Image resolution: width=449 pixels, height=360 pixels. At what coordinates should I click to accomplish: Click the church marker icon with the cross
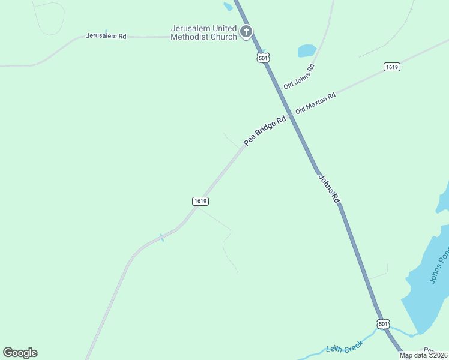(246, 31)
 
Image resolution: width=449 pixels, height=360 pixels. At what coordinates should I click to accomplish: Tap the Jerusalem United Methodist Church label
(203, 32)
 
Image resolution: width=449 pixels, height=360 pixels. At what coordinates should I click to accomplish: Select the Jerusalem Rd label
(106, 36)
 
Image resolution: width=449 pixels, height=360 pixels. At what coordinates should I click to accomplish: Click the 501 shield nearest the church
(262, 58)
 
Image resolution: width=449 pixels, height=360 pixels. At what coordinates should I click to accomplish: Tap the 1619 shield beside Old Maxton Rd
(392, 67)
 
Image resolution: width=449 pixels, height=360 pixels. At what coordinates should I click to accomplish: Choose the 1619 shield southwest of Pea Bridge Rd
(200, 201)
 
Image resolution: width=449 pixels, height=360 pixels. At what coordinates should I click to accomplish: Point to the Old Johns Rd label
(299, 76)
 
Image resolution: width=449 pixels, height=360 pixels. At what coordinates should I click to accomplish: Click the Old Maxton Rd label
(315, 103)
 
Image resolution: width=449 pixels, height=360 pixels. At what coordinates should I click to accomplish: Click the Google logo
(20, 353)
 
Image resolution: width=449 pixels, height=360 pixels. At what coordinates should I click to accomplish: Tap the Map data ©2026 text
(424, 355)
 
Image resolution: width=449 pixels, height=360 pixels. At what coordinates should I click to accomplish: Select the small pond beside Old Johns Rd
(307, 50)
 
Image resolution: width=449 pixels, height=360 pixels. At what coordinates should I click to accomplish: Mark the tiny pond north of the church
(228, 7)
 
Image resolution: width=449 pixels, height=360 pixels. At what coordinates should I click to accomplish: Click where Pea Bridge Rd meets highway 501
(291, 115)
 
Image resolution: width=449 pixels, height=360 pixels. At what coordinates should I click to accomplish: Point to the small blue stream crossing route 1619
(161, 237)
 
